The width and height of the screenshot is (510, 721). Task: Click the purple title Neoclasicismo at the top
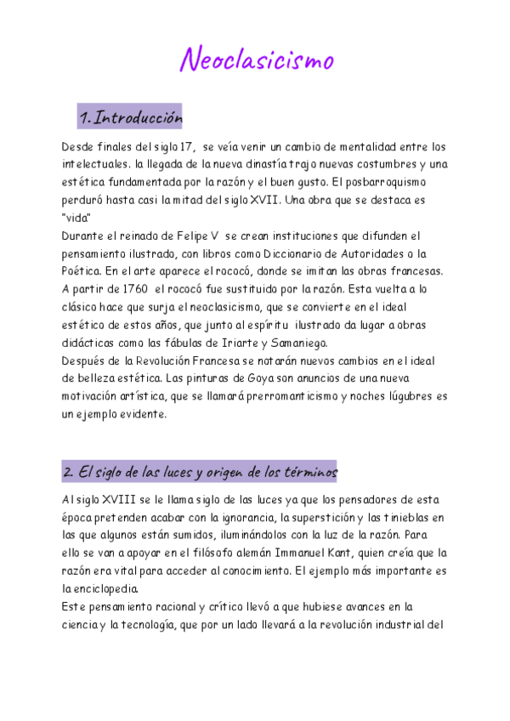click(x=258, y=60)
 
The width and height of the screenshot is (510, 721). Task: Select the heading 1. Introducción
click(x=130, y=116)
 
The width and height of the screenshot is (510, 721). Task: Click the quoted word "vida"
click(x=76, y=218)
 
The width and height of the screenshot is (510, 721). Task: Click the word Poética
click(x=83, y=270)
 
